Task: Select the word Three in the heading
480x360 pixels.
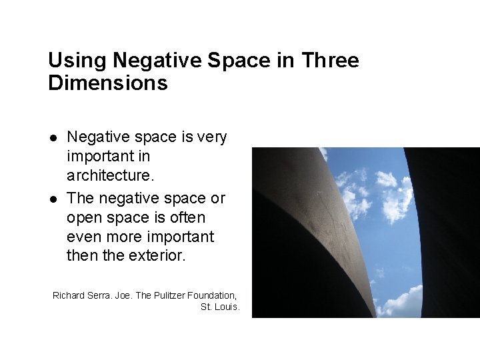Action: pos(330,61)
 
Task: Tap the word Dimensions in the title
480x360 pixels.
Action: pos(107,84)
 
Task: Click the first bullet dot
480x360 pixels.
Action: pos(53,137)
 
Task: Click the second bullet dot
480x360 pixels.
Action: pos(53,199)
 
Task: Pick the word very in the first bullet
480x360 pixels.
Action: pos(212,137)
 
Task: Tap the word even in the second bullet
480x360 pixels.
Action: pos(83,237)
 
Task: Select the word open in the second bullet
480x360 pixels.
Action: pos(85,218)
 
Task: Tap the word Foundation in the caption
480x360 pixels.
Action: pos(212,295)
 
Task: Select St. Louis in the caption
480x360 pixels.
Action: pos(220,307)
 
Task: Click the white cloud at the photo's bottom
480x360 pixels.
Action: pos(404,301)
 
